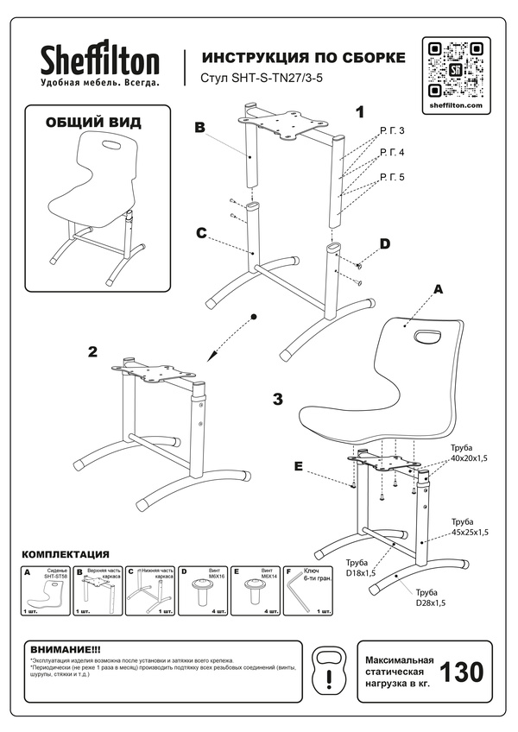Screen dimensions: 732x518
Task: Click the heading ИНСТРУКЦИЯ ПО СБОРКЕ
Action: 303,57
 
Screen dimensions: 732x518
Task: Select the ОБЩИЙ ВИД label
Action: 92,123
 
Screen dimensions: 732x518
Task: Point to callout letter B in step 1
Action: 199,128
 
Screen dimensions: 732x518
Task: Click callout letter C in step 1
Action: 199,232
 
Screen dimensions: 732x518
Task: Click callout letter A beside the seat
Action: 437,290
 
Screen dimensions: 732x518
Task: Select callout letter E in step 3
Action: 298,467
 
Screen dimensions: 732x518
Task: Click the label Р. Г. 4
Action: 391,153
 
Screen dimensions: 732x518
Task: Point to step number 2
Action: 92,351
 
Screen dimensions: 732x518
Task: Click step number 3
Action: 277,399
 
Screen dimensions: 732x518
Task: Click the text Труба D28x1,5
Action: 432,598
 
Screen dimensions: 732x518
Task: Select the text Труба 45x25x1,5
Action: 470,527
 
